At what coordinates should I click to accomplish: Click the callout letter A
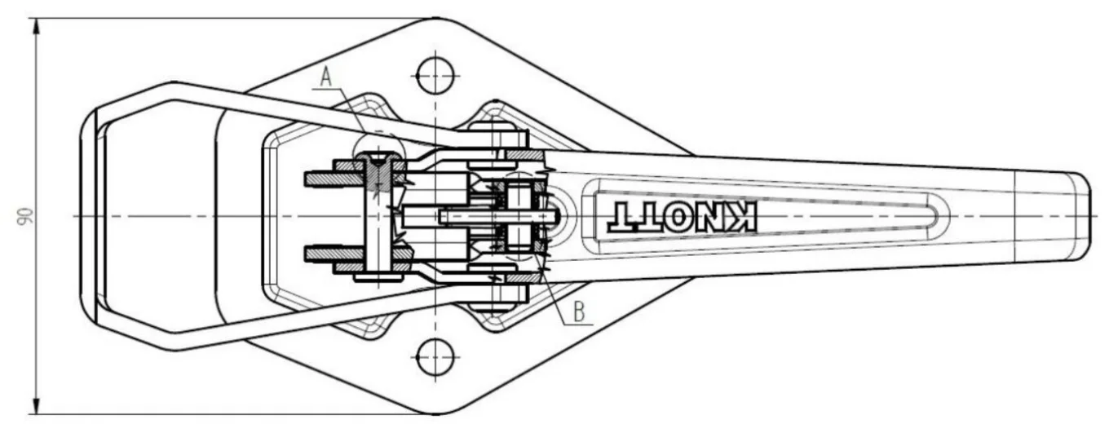point(325,77)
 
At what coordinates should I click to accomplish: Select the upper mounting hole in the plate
point(435,75)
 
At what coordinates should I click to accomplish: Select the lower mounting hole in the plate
point(435,356)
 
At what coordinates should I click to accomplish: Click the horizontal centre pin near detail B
point(497,216)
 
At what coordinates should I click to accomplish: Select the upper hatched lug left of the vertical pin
point(326,178)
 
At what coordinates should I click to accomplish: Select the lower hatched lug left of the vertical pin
point(326,254)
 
